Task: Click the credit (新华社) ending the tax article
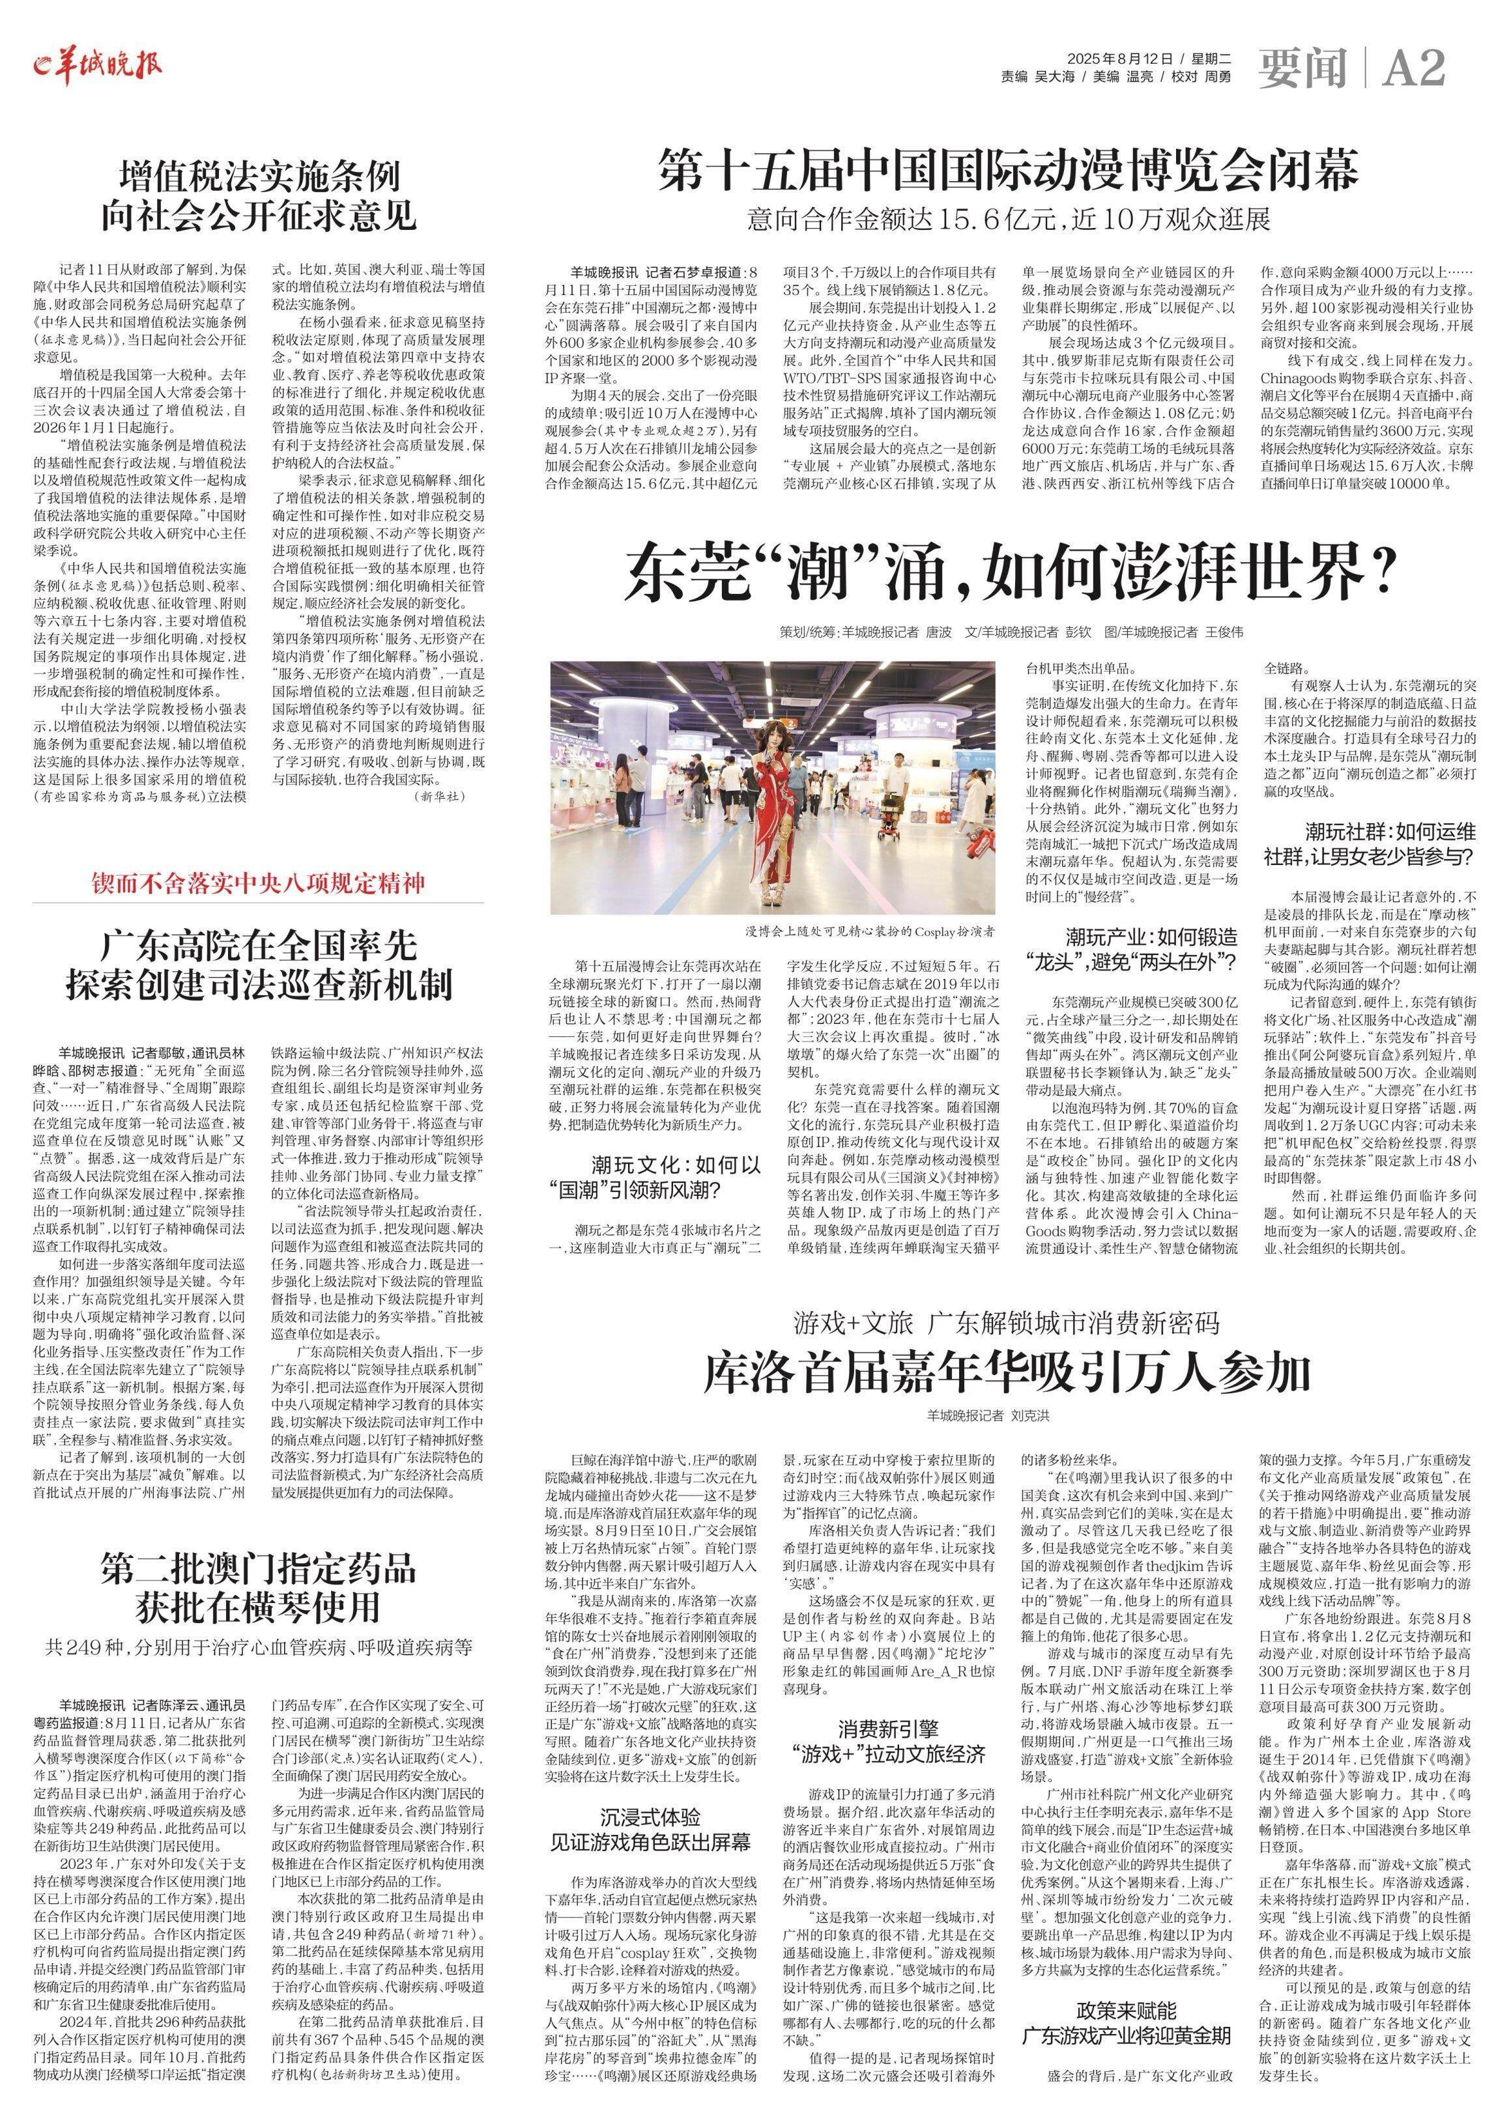click(x=440, y=796)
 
